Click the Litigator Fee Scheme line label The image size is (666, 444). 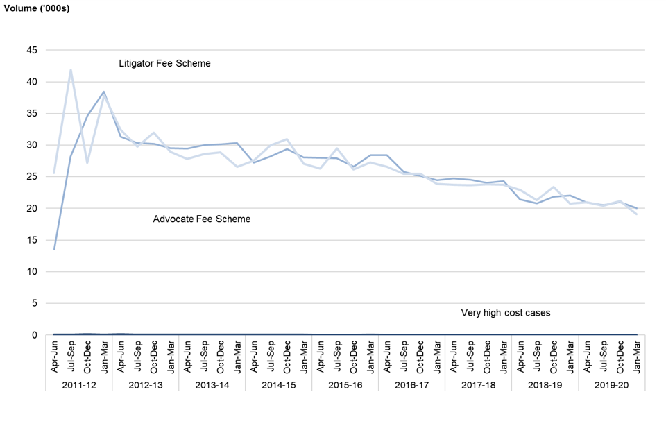point(164,64)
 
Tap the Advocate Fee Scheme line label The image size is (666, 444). point(201,219)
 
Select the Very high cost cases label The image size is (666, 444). point(505,313)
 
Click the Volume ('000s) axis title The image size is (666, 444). point(37,9)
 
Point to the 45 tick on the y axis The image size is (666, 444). point(33,51)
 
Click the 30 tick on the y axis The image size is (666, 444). point(33,146)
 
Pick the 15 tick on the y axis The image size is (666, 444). point(33,241)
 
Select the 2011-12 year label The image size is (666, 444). point(79,384)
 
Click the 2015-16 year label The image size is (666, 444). point(345,384)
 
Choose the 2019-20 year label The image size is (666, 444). point(611,384)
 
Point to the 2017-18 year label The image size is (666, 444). point(478,384)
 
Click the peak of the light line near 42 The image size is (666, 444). point(71,70)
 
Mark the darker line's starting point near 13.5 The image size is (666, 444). point(54,249)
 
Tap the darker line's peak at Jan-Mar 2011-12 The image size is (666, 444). point(104,92)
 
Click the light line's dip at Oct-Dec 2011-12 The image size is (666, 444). point(87,163)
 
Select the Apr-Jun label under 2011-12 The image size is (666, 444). point(54,355)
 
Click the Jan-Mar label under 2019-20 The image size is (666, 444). point(636,355)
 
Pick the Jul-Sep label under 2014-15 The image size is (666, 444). point(271,355)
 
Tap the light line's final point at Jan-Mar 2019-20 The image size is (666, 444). point(636,214)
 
